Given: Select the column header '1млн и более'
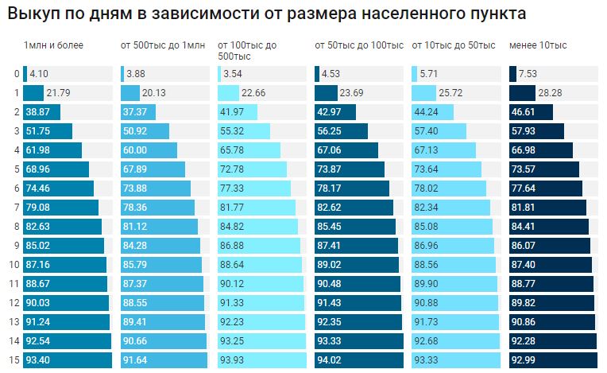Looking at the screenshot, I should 53,45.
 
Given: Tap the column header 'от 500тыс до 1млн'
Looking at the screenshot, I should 162,45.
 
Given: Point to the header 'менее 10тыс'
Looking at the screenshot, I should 538,45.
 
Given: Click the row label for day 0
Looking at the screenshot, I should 16,74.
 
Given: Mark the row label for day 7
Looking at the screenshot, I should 16,208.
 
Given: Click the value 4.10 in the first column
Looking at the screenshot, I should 39,74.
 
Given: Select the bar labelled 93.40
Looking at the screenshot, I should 66,360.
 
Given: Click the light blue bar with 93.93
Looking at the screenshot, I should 261,360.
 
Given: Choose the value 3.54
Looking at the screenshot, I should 233,74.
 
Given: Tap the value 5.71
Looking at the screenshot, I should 430,74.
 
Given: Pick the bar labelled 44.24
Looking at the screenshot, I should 432,112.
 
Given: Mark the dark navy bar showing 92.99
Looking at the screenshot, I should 551,360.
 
